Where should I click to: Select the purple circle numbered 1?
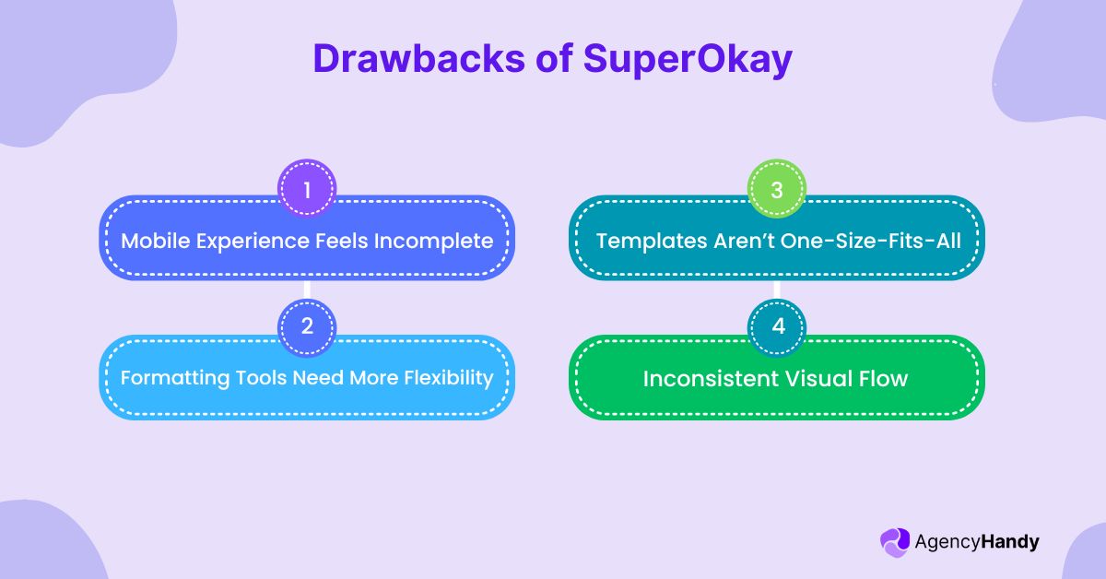[x=307, y=191]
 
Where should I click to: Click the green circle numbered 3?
[x=776, y=191]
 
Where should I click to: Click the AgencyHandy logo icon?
[x=894, y=542]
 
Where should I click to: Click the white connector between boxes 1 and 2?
[x=307, y=289]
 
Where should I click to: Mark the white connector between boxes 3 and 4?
[x=776, y=289]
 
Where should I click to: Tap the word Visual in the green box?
[x=818, y=379]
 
